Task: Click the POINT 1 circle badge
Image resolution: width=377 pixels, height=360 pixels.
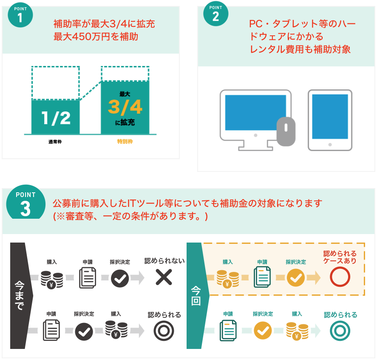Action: pyautogui.click(x=20, y=15)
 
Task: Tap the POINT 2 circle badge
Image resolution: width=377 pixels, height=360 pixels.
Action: pyautogui.click(x=215, y=14)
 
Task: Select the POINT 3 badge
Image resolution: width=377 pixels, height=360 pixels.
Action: pyautogui.click(x=26, y=202)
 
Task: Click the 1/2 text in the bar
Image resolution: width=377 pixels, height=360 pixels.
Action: pyautogui.click(x=56, y=118)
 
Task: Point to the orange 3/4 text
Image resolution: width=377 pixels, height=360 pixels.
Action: pyautogui.click(x=125, y=107)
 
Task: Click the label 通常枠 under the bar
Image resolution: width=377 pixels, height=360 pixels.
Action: pyautogui.click(x=55, y=142)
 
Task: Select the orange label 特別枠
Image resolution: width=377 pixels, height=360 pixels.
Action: pyautogui.click(x=125, y=142)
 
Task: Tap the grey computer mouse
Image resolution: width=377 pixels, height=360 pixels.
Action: pyautogui.click(x=286, y=131)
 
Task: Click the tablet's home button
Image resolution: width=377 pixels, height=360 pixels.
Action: pyautogui.click(x=330, y=145)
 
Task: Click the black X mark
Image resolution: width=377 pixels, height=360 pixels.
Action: pyautogui.click(x=164, y=277)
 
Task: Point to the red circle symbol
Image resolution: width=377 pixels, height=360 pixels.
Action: pyautogui.click(x=340, y=277)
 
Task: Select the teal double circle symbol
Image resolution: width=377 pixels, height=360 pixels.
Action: pyautogui.click(x=340, y=331)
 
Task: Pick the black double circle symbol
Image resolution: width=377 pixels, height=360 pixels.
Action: pyautogui.click(x=164, y=331)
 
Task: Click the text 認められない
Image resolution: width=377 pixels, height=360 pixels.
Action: pyautogui.click(x=164, y=260)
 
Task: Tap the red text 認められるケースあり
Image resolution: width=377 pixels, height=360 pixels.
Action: pyautogui.click(x=340, y=257)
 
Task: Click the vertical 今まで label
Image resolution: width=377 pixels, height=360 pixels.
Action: pyautogui.click(x=20, y=295)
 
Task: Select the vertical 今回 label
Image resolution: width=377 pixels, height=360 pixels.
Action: pyautogui.click(x=196, y=295)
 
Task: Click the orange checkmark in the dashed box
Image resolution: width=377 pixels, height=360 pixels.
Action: pyautogui.click(x=296, y=278)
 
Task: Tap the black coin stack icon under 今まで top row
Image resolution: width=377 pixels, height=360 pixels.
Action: pyautogui.click(x=52, y=280)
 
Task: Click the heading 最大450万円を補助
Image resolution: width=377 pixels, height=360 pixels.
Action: pyautogui.click(x=96, y=37)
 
